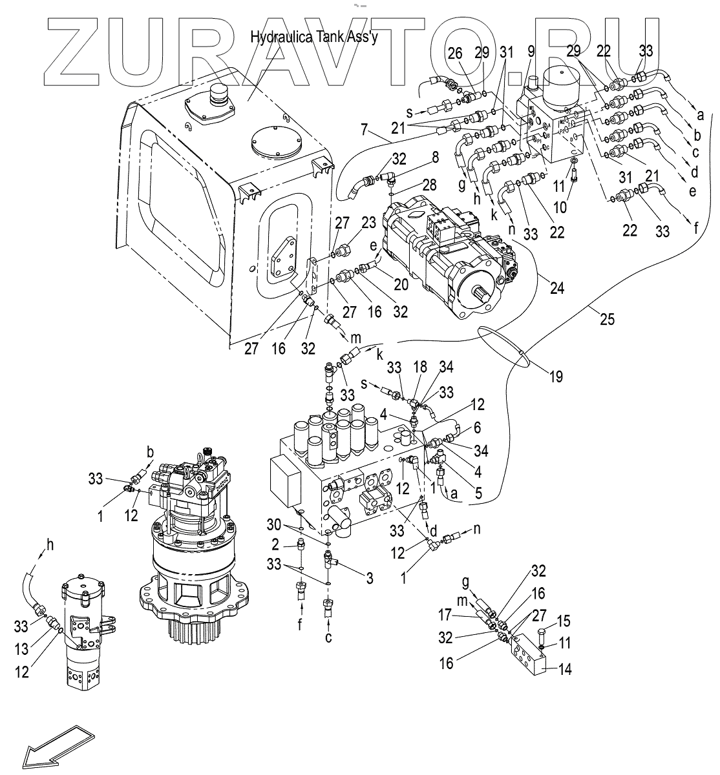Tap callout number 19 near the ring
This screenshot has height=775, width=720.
pos(556,377)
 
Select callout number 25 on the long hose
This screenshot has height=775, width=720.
pos(607,319)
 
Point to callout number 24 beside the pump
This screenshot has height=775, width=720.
pos(557,288)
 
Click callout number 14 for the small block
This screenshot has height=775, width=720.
pos(565,669)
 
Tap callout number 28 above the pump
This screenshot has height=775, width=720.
pos(429,185)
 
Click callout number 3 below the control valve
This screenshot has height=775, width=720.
pos(370,578)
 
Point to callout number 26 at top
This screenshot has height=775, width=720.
pos(455,53)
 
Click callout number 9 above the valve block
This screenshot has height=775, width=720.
pos(531,51)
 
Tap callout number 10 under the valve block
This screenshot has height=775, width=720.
pos(560,207)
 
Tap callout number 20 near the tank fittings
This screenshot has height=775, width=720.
pos(401,285)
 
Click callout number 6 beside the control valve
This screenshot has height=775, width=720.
pos(477,428)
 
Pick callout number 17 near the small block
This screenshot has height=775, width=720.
pos(445,615)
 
